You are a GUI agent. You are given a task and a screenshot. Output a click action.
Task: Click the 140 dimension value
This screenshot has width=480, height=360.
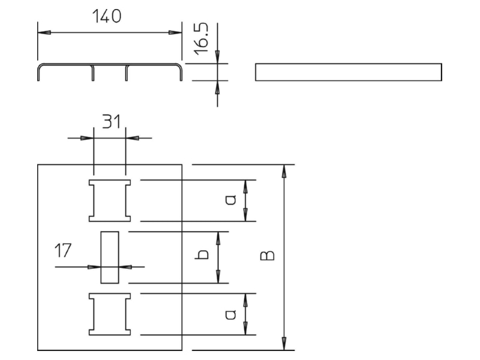107,17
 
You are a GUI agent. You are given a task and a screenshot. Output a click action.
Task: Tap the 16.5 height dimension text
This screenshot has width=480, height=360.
202,39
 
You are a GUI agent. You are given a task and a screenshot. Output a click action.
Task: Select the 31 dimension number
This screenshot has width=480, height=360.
111,121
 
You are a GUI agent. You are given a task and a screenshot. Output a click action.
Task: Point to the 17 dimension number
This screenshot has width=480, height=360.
63,250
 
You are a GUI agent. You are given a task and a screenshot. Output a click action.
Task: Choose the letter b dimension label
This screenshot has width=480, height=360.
202,254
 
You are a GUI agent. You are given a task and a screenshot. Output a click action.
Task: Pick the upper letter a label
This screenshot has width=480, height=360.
231,200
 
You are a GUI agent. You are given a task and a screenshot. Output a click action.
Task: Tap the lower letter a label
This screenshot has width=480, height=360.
231,314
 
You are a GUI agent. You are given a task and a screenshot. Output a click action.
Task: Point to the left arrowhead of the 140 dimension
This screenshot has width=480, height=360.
44,32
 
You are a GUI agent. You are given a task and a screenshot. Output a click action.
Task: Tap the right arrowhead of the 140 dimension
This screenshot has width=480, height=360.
175,32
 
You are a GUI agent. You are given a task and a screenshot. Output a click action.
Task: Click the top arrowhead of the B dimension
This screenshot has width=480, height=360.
284,171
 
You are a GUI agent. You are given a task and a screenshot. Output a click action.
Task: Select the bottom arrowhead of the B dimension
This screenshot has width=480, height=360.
284,343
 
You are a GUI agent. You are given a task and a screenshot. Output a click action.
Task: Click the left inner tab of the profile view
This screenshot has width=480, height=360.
93,73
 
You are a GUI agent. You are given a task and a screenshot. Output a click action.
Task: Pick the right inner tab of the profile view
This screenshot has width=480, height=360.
127,73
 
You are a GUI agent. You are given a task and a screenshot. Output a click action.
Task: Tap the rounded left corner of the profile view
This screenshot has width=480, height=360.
40,67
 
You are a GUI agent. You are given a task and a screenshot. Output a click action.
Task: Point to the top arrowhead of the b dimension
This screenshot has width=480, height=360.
218,238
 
